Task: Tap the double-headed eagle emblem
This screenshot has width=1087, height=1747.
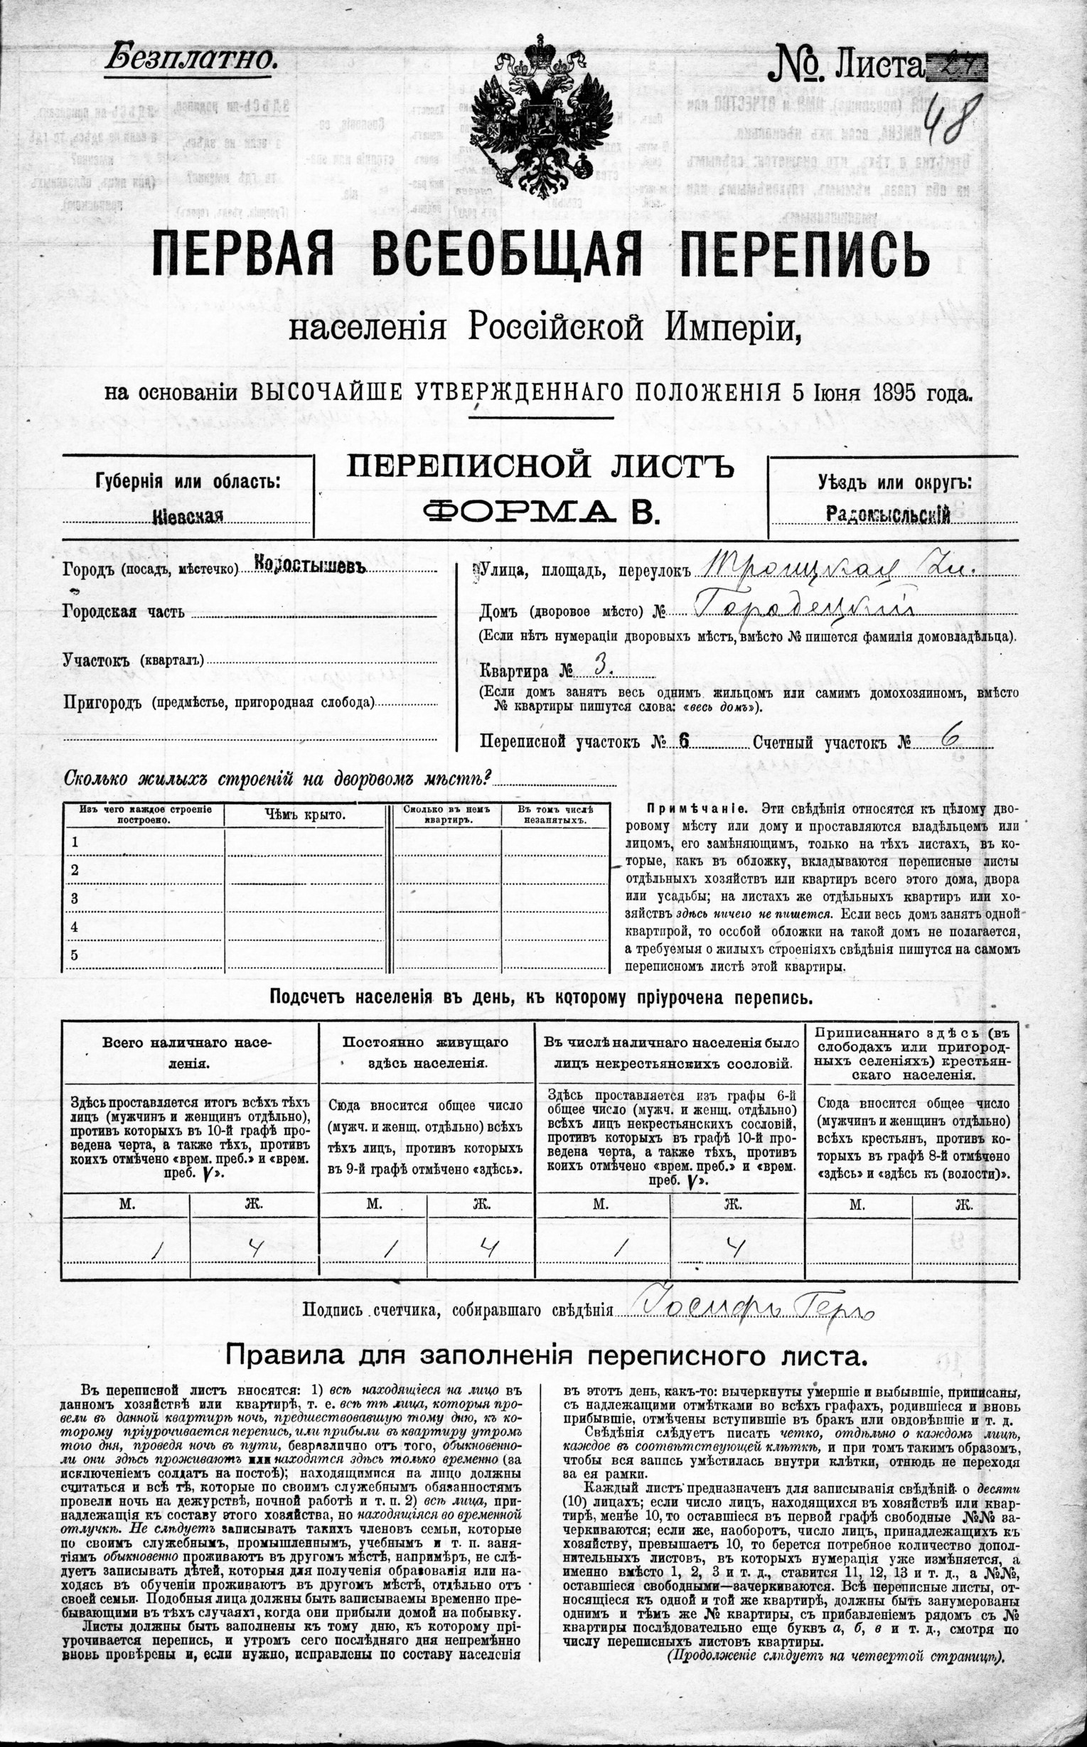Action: (x=542, y=121)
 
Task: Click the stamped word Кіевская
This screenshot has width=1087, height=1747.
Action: (x=188, y=515)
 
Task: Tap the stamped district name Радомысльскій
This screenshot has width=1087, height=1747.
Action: (x=889, y=514)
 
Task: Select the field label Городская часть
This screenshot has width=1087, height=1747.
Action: (x=124, y=612)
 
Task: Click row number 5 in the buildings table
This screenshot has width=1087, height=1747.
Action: (x=75, y=955)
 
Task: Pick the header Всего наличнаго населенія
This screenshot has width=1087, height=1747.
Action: (x=188, y=1052)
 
